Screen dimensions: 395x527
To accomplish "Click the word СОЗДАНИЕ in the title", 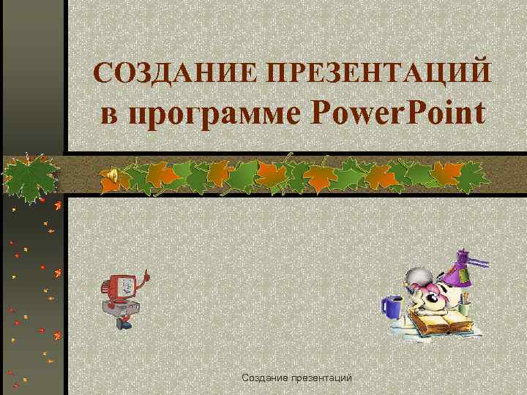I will pyautogui.click(x=173, y=72).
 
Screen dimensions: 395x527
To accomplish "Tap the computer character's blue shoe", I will pyautogui.click(x=127, y=323).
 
